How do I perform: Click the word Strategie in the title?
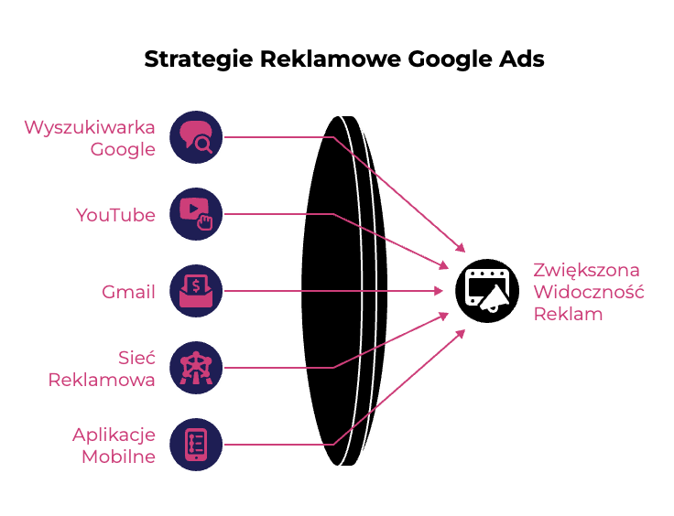pyautogui.click(x=199, y=59)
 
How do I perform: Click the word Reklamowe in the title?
pyautogui.click(x=330, y=59)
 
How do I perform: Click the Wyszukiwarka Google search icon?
pyautogui.click(x=196, y=137)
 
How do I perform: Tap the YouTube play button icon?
pyautogui.click(x=196, y=214)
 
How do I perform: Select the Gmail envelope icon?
pyautogui.click(x=196, y=291)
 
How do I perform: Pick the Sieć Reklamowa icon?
pyautogui.click(x=196, y=368)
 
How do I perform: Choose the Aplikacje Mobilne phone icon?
pyautogui.click(x=196, y=445)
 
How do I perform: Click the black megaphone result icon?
pyautogui.click(x=487, y=291)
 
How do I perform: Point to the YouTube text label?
pyautogui.click(x=115, y=215)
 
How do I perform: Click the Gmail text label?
pyautogui.click(x=128, y=292)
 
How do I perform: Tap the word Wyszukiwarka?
pyautogui.click(x=90, y=128)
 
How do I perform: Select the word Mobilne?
pyautogui.click(x=119, y=457)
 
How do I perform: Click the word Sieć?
pyautogui.click(x=136, y=357)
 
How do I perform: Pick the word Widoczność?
pyautogui.click(x=589, y=292)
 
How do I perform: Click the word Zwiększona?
pyautogui.click(x=587, y=271)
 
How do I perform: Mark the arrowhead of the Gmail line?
pyautogui.click(x=439, y=291)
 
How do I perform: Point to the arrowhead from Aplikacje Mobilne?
pyautogui.click(x=461, y=334)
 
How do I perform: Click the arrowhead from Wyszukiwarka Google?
pyautogui.click(x=461, y=247)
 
